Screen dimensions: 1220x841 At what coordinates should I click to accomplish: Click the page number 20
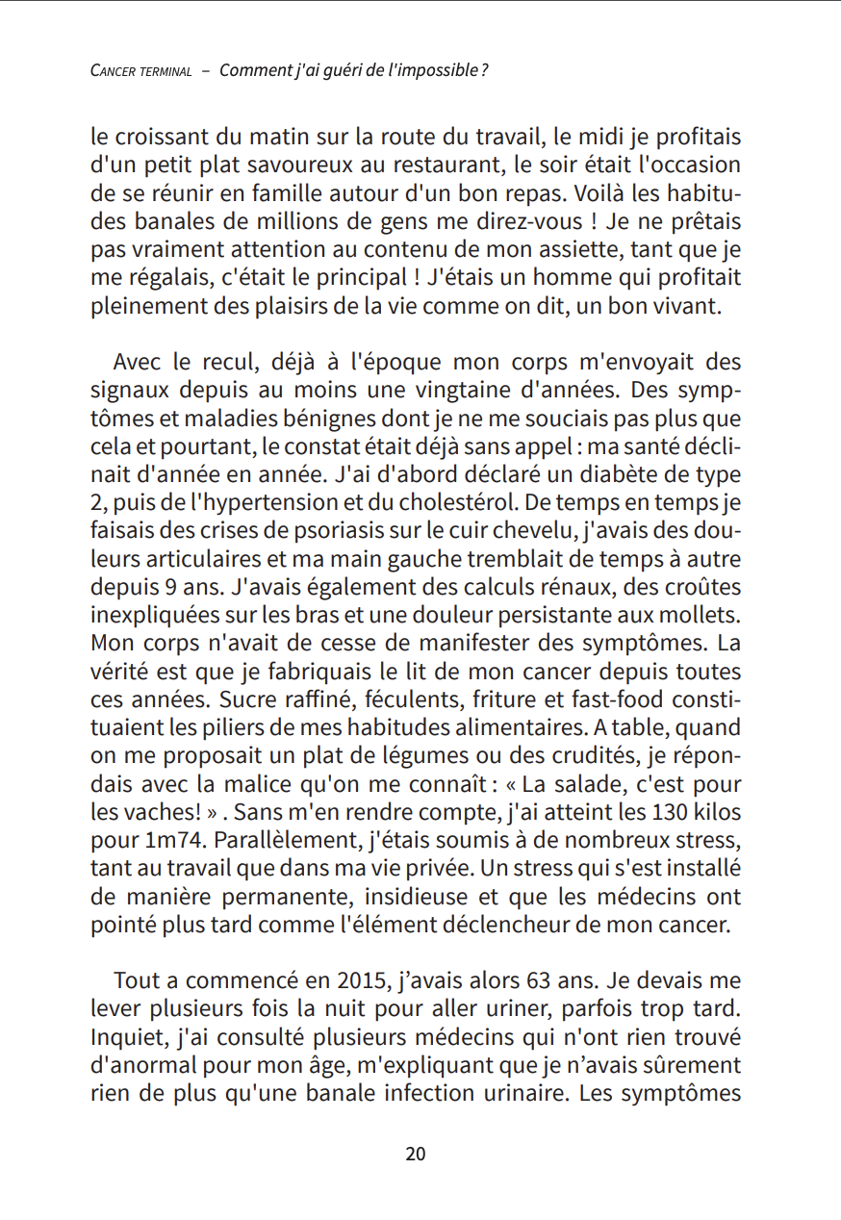click(x=416, y=1154)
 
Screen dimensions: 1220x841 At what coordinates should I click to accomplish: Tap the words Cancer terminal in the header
click(x=140, y=72)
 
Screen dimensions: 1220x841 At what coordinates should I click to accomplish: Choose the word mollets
click(x=703, y=614)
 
